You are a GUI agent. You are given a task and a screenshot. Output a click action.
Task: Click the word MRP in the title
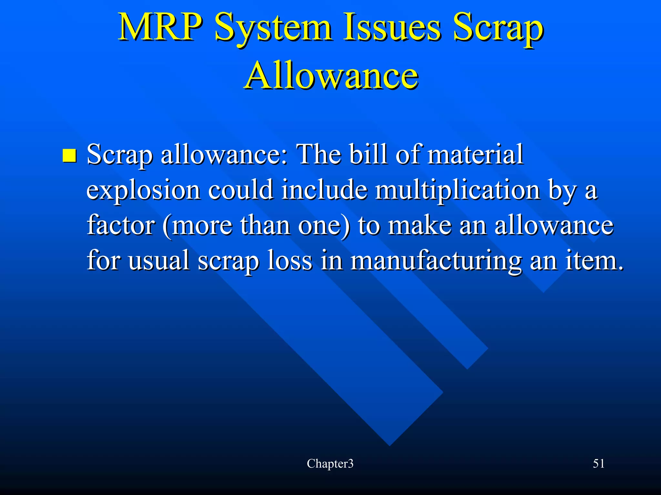[x=157, y=27]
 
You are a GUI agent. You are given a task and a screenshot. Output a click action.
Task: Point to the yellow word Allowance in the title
[x=331, y=76]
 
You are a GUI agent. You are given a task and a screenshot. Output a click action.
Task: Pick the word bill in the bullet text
[x=369, y=154]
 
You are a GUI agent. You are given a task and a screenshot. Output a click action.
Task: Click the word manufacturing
[x=435, y=261]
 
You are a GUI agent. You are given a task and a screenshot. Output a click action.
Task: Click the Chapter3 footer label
[x=330, y=464]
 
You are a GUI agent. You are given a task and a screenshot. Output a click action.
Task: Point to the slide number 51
[x=599, y=464]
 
